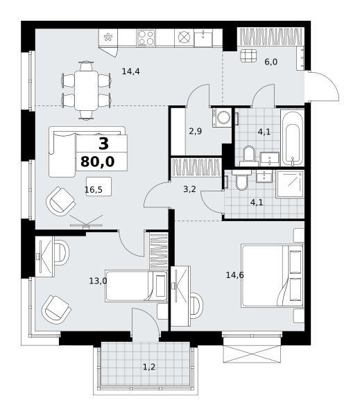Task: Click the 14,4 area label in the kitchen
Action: click(130, 71)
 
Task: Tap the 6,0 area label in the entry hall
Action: click(271, 62)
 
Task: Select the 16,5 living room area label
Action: click(94, 190)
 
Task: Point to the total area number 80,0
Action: click(97, 162)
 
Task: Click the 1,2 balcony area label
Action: click(149, 367)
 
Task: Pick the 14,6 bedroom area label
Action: click(234, 275)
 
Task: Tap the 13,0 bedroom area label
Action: click(98, 281)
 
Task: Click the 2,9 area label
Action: click(196, 131)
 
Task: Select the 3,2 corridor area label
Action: click(189, 189)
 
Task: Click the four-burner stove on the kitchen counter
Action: click(146, 37)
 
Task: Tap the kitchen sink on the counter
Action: click(203, 38)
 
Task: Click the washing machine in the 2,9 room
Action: click(222, 117)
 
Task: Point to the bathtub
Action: click(292, 138)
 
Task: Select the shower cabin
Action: click(290, 184)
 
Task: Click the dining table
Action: click(86, 90)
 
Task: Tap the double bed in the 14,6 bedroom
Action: click(272, 276)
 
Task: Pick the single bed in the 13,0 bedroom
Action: click(136, 286)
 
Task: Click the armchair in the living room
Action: click(61, 201)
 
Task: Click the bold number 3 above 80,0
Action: click(103, 144)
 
